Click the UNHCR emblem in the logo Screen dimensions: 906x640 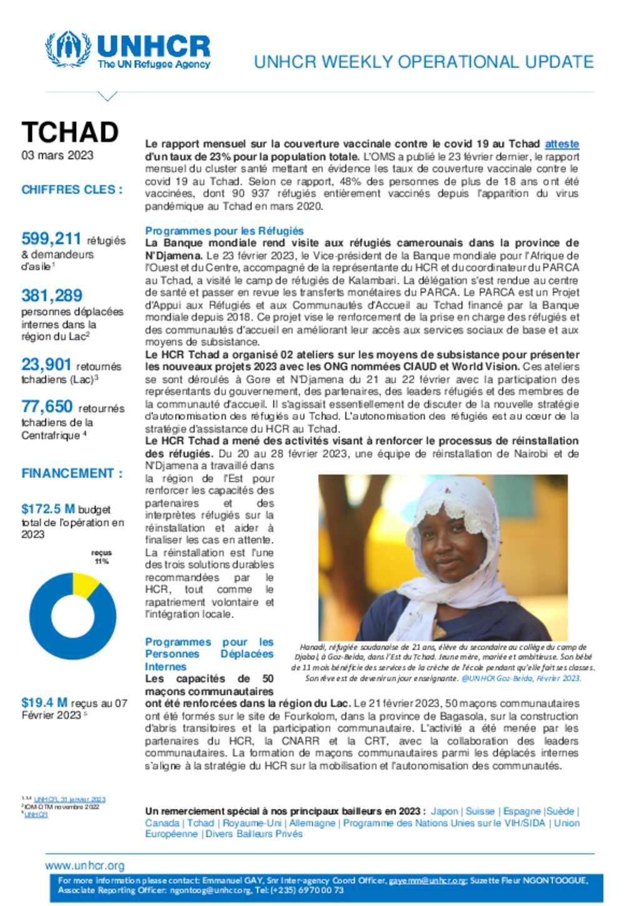pos(67,49)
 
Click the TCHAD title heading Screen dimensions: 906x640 pos(70,133)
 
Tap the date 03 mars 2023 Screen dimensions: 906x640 pos(57,156)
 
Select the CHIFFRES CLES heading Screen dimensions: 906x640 pos(72,189)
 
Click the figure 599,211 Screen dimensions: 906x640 pos(51,239)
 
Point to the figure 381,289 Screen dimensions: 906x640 pos(52,296)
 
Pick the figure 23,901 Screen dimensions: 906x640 pos(46,365)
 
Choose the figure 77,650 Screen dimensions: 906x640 pos(47,407)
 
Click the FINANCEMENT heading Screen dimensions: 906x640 pos(72,473)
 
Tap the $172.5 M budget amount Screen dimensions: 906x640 pos(48,510)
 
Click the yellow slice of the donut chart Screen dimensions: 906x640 pos(84,584)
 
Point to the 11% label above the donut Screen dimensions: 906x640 pos(101,561)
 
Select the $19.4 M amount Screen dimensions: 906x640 pos(44,703)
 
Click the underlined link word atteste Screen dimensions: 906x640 pos(561,144)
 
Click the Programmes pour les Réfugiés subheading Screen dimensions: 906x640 pos(224,231)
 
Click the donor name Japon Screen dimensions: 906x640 pos(444,811)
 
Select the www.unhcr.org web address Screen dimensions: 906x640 pos(84,865)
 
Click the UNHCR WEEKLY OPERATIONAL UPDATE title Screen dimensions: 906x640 pos(423,62)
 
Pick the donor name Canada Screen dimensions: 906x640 pos(162,823)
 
